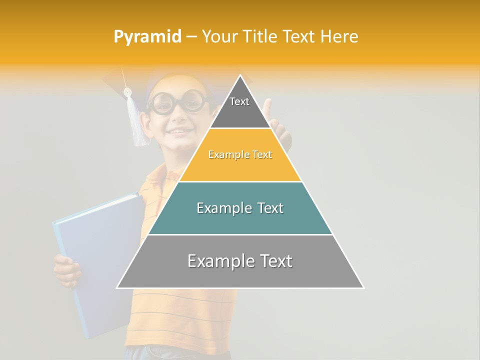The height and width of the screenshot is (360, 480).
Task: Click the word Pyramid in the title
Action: click(x=147, y=37)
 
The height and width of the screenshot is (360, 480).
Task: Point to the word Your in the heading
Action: click(x=218, y=37)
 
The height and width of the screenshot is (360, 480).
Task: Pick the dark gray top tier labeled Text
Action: click(x=240, y=107)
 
